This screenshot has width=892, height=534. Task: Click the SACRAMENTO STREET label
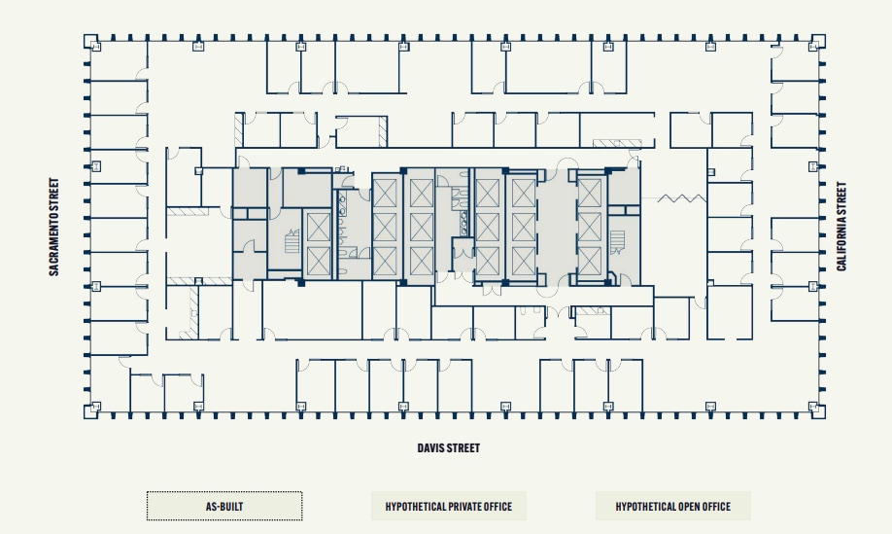pyautogui.click(x=54, y=227)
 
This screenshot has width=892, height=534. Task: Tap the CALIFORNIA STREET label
pyautogui.click(x=841, y=227)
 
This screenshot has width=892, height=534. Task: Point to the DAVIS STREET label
pyautogui.click(x=448, y=448)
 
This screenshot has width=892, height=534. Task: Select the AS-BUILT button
pyautogui.click(x=224, y=507)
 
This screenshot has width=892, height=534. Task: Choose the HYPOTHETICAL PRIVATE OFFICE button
pyautogui.click(x=449, y=507)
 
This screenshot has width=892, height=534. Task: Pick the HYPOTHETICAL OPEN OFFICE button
pyautogui.click(x=672, y=507)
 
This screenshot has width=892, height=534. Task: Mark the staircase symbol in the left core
pyautogui.click(x=290, y=242)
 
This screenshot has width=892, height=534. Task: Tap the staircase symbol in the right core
pyautogui.click(x=617, y=239)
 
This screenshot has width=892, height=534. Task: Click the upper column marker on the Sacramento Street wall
pyautogui.click(x=95, y=165)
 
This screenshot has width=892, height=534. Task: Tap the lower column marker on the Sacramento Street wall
pyautogui.click(x=95, y=286)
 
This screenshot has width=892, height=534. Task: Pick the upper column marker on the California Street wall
pyautogui.click(x=813, y=165)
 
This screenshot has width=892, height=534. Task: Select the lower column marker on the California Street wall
pyautogui.click(x=813, y=286)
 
